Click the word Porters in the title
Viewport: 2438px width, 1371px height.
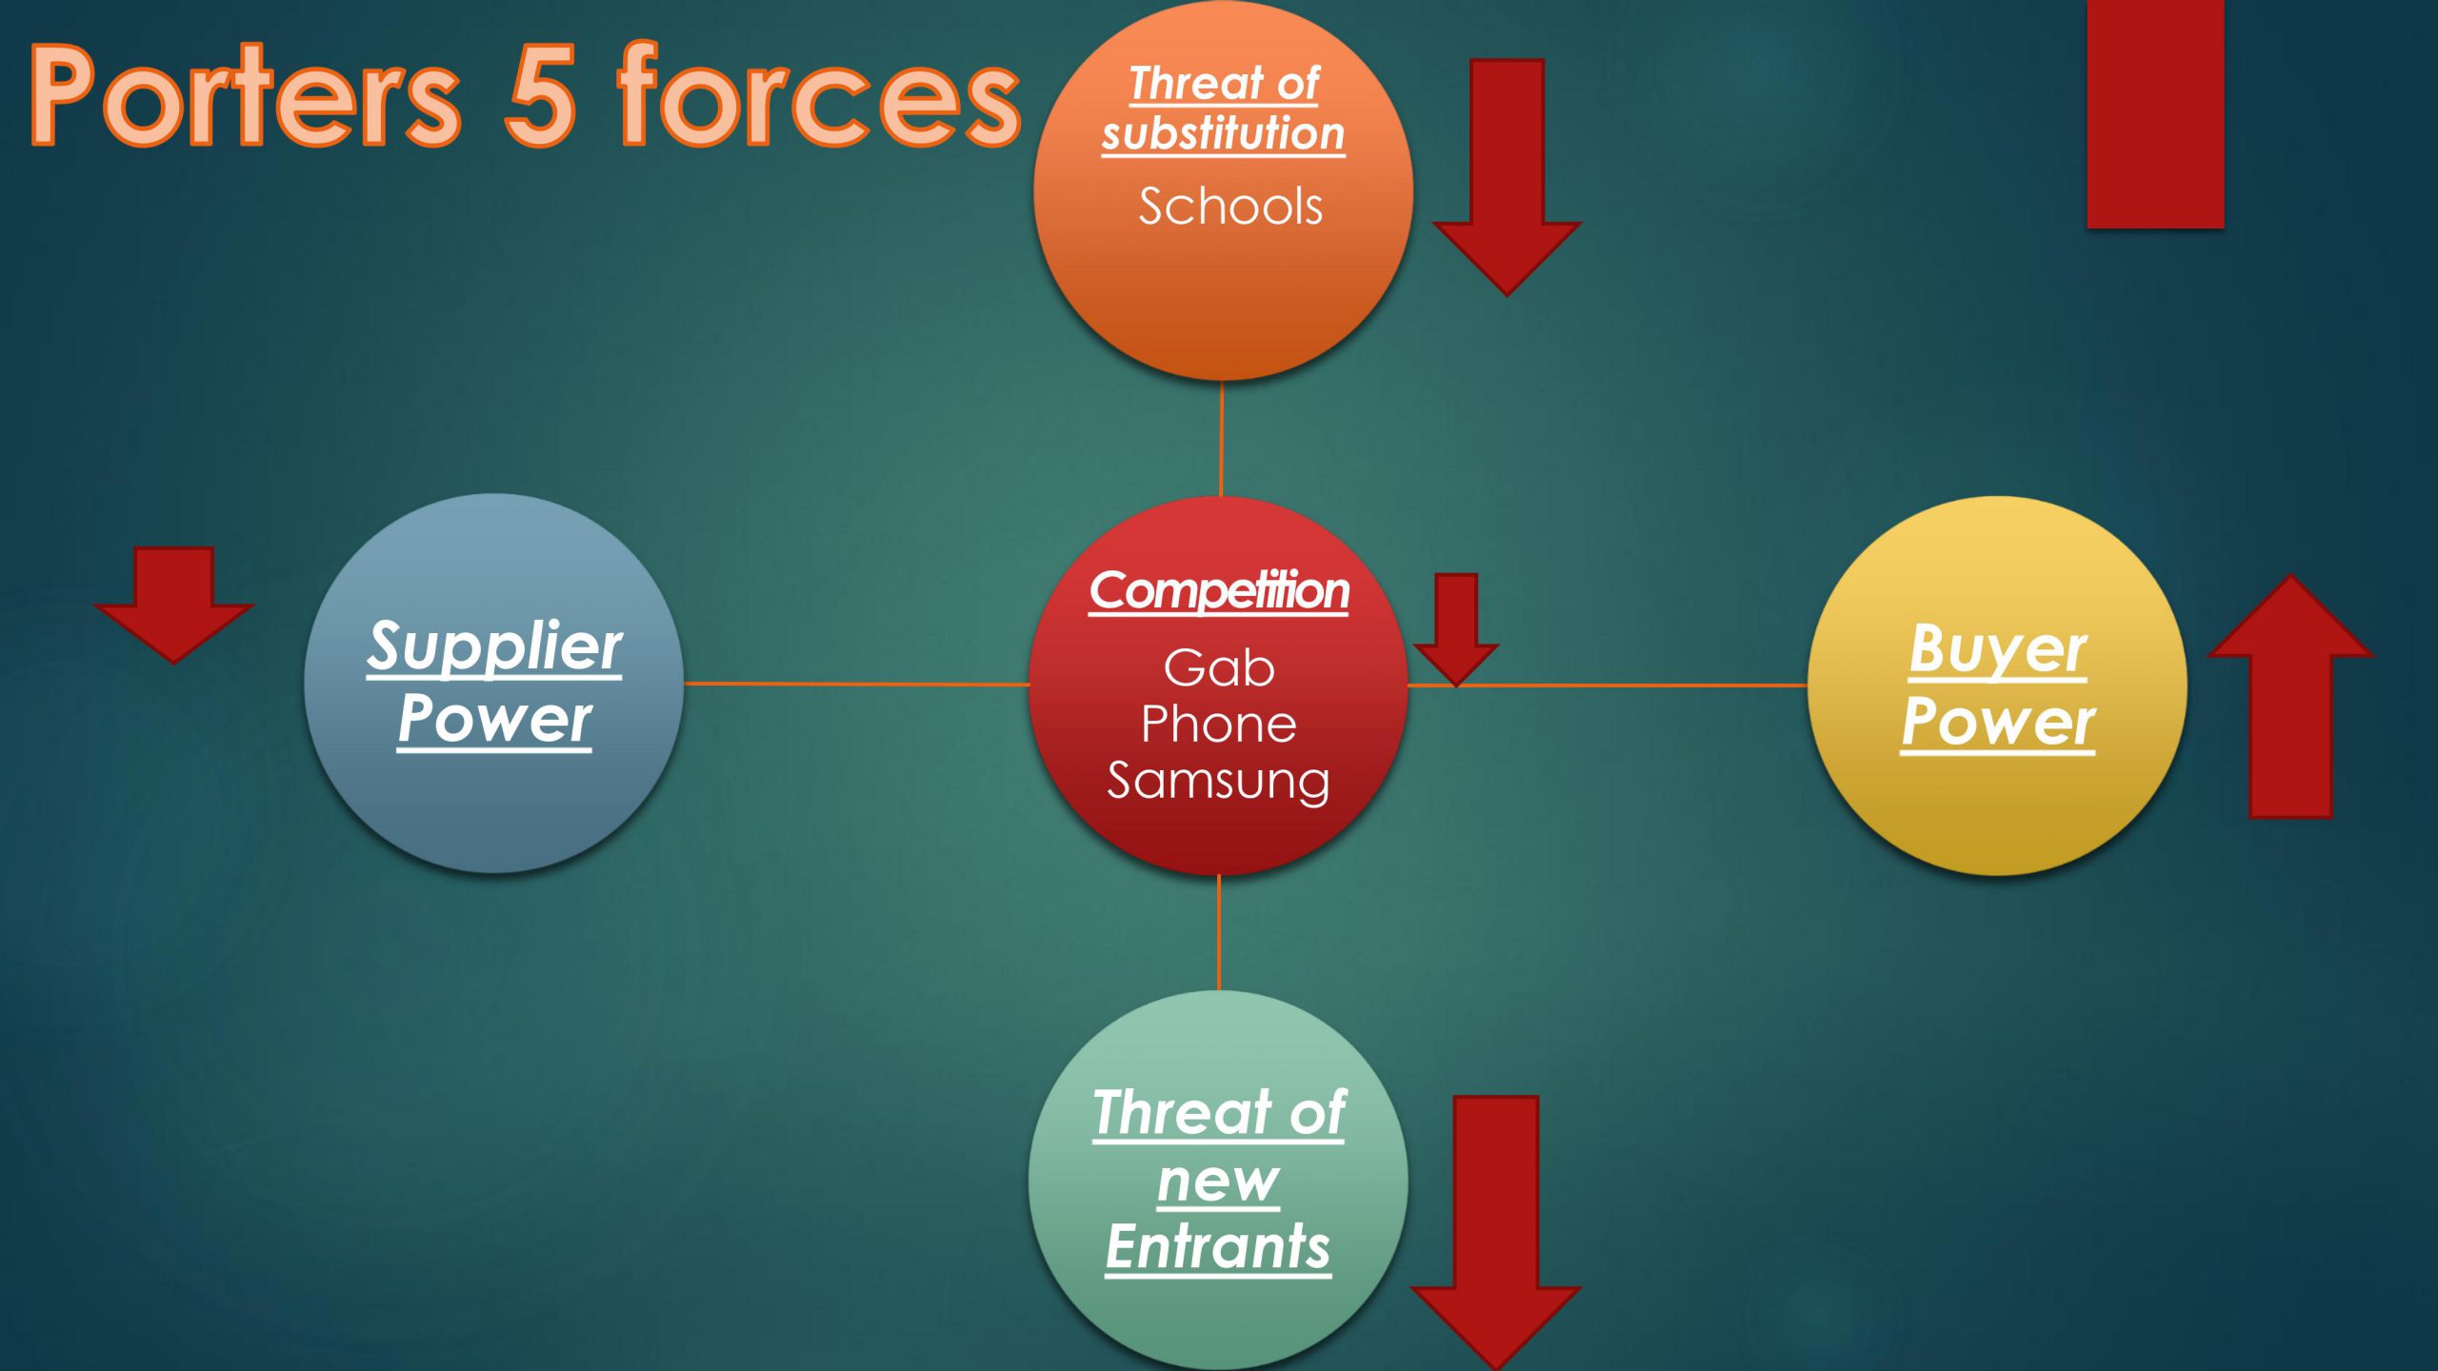point(246,95)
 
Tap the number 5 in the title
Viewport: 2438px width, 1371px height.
point(540,95)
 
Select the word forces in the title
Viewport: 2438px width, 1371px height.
point(819,95)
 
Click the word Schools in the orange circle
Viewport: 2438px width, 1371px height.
point(1230,207)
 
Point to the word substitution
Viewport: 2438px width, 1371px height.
point(1224,132)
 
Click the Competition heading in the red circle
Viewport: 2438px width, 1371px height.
point(1219,591)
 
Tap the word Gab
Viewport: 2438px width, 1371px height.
point(1219,667)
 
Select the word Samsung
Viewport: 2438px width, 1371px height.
point(1218,782)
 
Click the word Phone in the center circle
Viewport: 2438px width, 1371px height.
point(1219,725)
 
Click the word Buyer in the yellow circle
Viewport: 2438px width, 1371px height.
point(1998,651)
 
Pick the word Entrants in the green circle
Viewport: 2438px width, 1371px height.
point(1218,1247)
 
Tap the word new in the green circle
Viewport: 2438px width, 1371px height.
point(1218,1182)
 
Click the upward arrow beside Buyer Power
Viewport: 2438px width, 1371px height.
point(2290,696)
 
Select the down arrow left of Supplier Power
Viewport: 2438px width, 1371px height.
point(173,604)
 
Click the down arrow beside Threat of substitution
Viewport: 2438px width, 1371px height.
point(1507,177)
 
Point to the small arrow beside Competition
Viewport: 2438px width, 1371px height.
point(1456,629)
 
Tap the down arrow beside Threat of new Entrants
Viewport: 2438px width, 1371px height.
point(1495,1232)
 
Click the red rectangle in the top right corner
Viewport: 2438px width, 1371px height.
point(2155,114)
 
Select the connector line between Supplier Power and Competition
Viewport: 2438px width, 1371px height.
point(857,684)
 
